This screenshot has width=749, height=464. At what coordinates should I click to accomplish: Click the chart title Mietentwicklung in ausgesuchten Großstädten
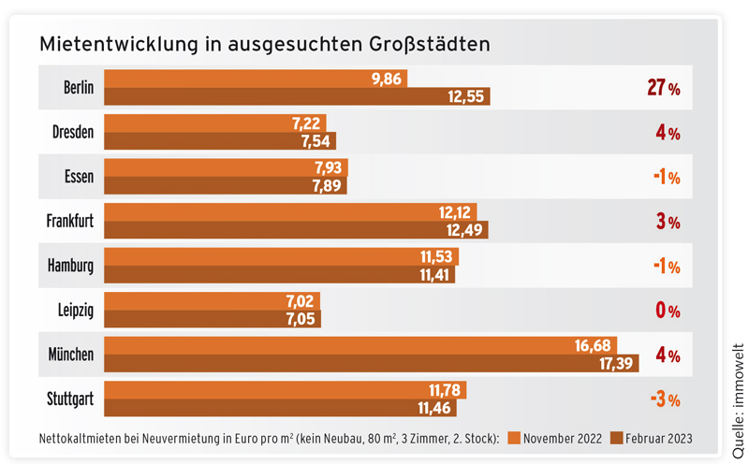(x=265, y=44)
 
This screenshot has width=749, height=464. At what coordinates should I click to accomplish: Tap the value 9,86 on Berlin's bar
(x=386, y=79)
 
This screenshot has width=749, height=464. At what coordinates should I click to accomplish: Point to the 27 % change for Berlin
(x=663, y=88)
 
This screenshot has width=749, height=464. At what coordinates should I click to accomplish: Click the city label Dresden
(x=73, y=133)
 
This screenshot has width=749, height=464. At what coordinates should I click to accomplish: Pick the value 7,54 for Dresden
(x=311, y=141)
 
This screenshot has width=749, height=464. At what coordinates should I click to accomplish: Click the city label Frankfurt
(x=70, y=222)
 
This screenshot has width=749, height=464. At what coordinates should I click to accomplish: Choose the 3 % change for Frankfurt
(x=668, y=222)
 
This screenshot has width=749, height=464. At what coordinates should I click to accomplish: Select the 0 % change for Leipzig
(x=668, y=311)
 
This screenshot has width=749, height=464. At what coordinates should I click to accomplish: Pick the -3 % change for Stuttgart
(x=664, y=399)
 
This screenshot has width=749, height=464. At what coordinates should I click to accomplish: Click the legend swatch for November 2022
(x=513, y=437)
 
